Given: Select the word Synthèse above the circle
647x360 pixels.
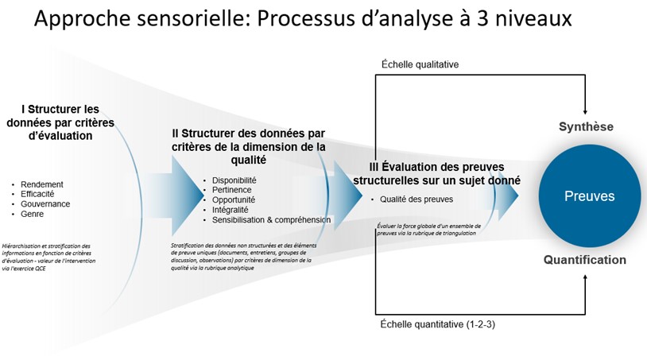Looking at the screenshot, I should point(586,127).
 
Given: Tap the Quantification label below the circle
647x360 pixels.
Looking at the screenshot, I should point(585,260).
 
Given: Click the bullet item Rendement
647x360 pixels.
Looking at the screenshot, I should point(42,184).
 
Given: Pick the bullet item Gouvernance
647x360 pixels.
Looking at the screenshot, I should point(45,203).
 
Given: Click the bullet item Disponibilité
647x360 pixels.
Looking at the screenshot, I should point(238,180).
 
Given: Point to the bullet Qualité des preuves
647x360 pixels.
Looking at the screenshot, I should point(416,199).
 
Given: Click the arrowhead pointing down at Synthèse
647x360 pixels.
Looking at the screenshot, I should point(586,110).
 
